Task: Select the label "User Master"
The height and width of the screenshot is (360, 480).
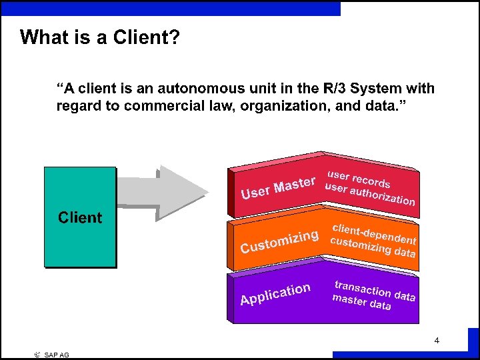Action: [278, 187]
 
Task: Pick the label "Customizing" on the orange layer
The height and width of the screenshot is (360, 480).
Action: [279, 242]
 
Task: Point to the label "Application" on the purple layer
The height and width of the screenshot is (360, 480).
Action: [275, 294]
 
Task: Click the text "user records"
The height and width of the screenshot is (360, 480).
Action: [359, 179]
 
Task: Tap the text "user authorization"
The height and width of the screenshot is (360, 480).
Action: [369, 193]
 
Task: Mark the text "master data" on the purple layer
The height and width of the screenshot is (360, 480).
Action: [361, 302]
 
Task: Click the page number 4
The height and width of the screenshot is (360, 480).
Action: [437, 341]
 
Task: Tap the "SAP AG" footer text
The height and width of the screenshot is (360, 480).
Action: [57, 355]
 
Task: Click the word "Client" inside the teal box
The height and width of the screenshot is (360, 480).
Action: [80, 217]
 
